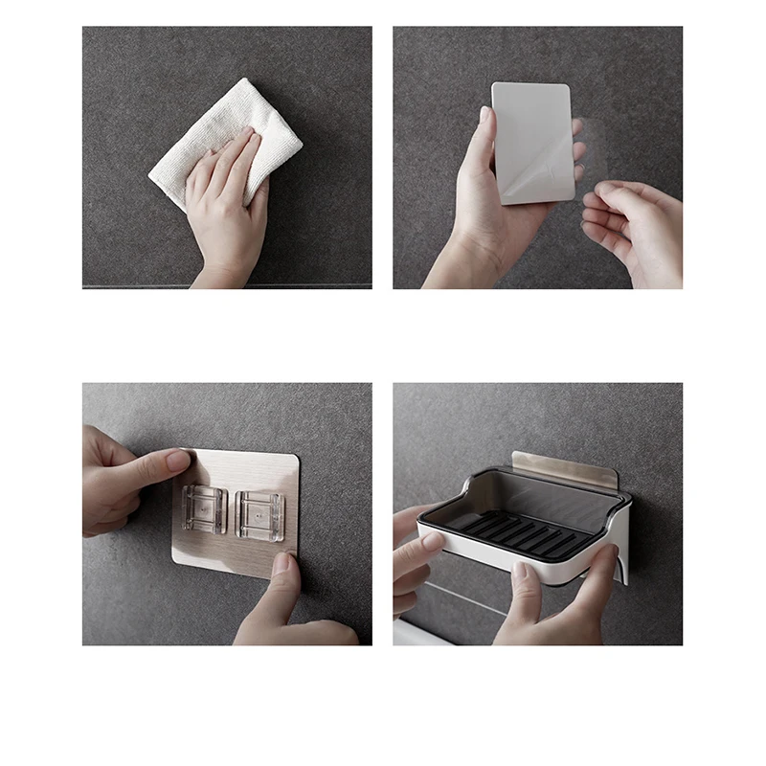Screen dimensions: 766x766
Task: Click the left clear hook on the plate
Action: [x=204, y=509]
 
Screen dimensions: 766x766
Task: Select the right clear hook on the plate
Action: [x=259, y=515]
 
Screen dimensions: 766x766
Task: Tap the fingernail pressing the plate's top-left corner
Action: [x=178, y=461]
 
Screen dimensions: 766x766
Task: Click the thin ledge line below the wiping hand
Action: [x=227, y=284]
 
